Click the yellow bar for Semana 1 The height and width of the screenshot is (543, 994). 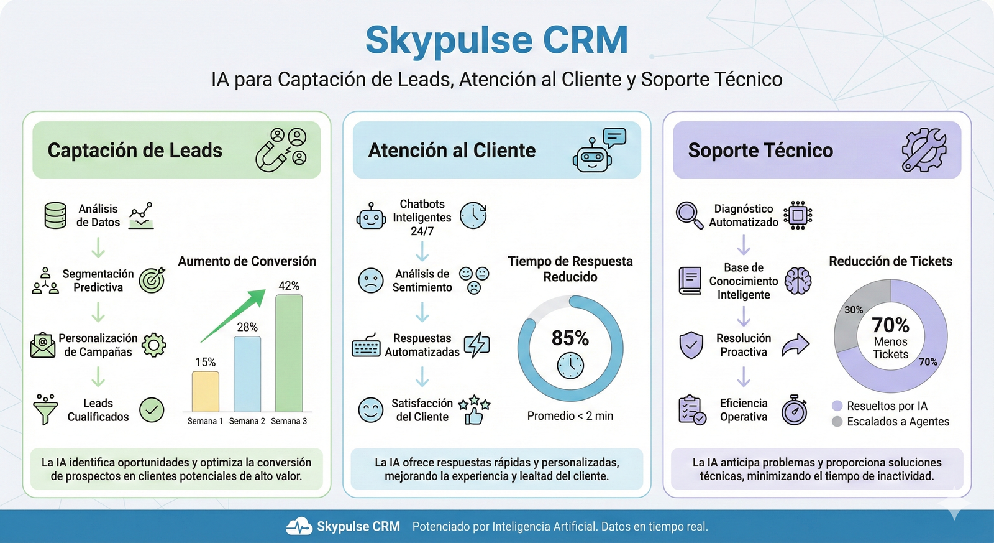(x=206, y=391)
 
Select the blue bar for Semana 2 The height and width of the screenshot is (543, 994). (x=247, y=374)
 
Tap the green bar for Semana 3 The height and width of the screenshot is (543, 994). (x=289, y=353)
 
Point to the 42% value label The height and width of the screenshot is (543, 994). (x=289, y=285)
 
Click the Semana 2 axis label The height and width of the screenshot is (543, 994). (x=247, y=421)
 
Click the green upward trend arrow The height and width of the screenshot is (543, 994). (x=233, y=316)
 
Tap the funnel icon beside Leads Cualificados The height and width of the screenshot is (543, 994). (x=45, y=409)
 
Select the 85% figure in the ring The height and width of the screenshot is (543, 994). (x=570, y=338)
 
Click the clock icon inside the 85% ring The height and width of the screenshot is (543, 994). (x=570, y=366)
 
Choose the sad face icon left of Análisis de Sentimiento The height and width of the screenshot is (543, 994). (x=370, y=281)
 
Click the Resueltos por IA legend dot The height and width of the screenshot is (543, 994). (x=837, y=406)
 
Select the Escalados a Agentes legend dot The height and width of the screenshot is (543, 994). (x=837, y=421)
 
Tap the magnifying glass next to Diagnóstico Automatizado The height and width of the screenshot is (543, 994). (x=690, y=215)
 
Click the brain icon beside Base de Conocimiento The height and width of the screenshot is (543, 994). (x=798, y=281)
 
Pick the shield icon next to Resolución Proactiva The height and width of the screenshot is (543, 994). (x=691, y=345)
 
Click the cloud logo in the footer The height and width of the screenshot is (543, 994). (x=299, y=526)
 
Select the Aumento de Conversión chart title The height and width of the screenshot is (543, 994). (x=247, y=261)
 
